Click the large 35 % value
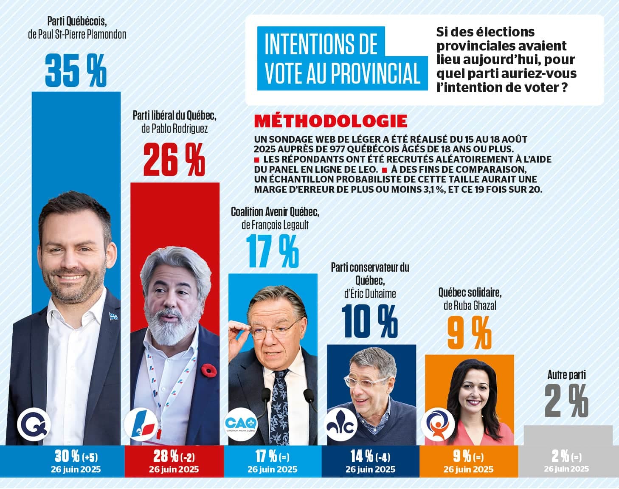coord(76,70)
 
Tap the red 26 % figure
coord(174,160)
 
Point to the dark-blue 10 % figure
coord(370,322)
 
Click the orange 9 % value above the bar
coord(469,333)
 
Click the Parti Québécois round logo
coord(34,425)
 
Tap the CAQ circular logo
coord(241,425)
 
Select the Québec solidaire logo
coord(438,425)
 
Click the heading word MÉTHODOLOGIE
coord(330,121)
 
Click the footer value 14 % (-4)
coord(370,457)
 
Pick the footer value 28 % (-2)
coord(174,457)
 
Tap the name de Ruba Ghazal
coord(470,305)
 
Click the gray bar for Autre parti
coord(568,435)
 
